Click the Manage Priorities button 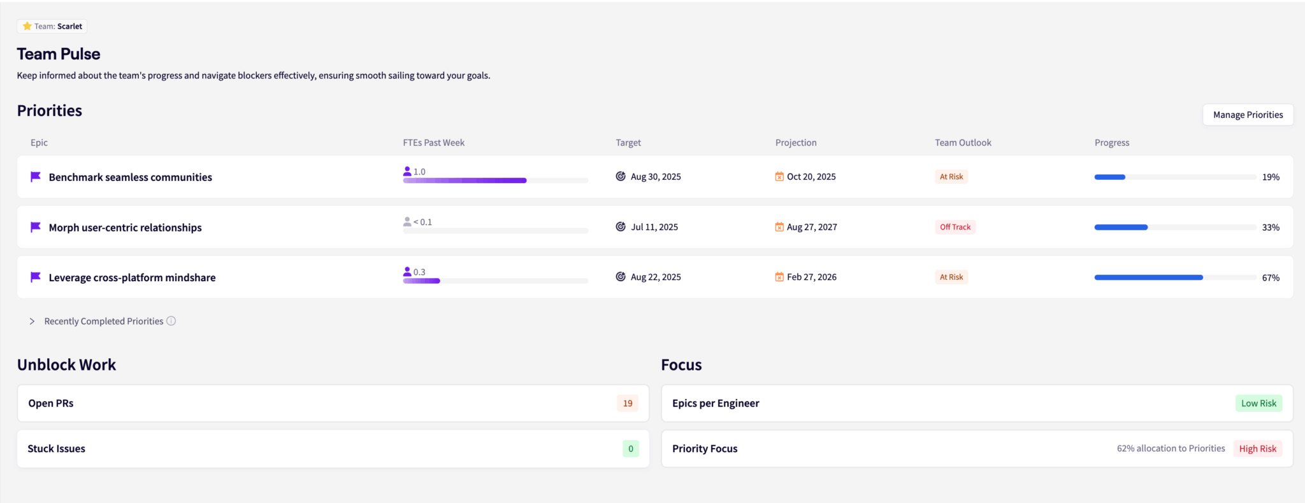pyautogui.click(x=1248, y=115)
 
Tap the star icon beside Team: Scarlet pyautogui.click(x=27, y=26)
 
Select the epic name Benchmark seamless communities pyautogui.click(x=130, y=177)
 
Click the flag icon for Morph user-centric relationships pyautogui.click(x=36, y=227)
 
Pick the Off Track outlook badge pyautogui.click(x=955, y=227)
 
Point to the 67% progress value pyautogui.click(x=1271, y=278)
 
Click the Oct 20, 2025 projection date pyautogui.click(x=811, y=177)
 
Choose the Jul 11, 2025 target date pyautogui.click(x=654, y=227)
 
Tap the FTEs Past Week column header pyautogui.click(x=433, y=143)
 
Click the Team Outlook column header pyautogui.click(x=963, y=143)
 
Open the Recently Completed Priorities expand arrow pyautogui.click(x=32, y=321)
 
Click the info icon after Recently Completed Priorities pyautogui.click(x=171, y=321)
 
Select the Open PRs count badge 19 pyautogui.click(x=628, y=404)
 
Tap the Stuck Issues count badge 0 pyautogui.click(x=631, y=449)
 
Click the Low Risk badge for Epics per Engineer pyautogui.click(x=1258, y=404)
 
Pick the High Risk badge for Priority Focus pyautogui.click(x=1257, y=449)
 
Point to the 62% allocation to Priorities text pyautogui.click(x=1171, y=449)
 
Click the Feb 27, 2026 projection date pyautogui.click(x=811, y=277)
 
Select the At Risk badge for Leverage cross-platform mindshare pyautogui.click(x=951, y=277)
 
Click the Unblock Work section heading pyautogui.click(x=66, y=365)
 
